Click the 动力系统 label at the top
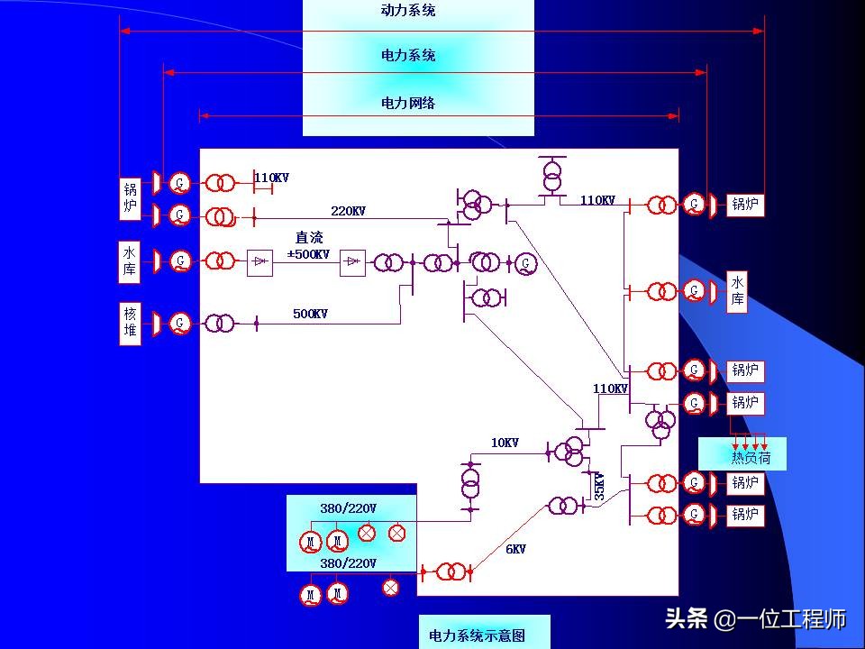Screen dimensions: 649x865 tap(408, 11)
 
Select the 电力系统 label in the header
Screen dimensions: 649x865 tap(408, 56)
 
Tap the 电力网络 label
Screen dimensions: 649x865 tap(408, 103)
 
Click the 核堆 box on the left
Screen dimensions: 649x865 tap(132, 324)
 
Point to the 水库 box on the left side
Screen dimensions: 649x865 tap(132, 261)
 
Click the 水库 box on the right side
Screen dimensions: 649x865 tap(737, 291)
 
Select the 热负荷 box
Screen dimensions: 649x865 tap(742, 457)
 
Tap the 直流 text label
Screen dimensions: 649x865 tap(309, 238)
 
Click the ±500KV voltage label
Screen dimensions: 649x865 tap(308, 254)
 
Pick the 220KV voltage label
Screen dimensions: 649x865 tap(348, 211)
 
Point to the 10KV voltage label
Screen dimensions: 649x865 tap(505, 443)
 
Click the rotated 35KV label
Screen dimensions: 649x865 tap(599, 486)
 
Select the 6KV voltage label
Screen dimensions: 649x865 tap(515, 549)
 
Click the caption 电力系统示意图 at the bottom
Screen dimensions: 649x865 tap(477, 636)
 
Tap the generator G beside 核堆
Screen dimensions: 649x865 tap(181, 323)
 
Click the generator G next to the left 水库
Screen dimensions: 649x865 tap(181, 261)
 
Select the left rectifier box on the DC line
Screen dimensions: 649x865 tap(259, 262)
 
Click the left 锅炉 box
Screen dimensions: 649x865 tap(132, 198)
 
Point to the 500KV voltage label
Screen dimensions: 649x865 tap(310, 315)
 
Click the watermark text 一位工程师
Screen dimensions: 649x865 tap(793, 619)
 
